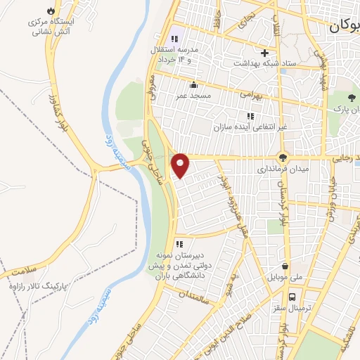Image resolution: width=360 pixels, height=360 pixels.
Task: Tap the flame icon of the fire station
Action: (x=50, y=11)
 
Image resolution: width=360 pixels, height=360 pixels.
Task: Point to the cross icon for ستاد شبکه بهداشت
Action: (x=264, y=53)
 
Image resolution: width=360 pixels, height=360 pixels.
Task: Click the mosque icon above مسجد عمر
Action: (x=193, y=85)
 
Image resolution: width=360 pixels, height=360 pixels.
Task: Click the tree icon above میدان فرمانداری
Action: (x=283, y=158)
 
